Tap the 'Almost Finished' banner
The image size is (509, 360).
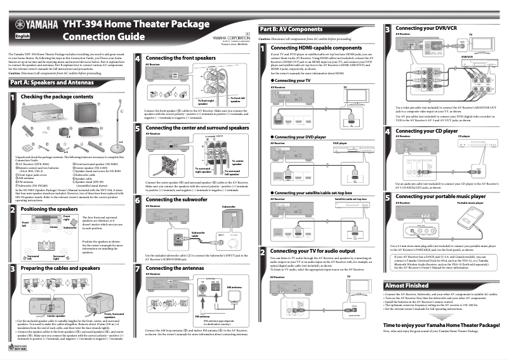(x=407, y=286)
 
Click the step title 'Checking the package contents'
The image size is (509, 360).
(x=56, y=97)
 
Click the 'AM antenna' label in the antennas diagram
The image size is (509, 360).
(x=234, y=286)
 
